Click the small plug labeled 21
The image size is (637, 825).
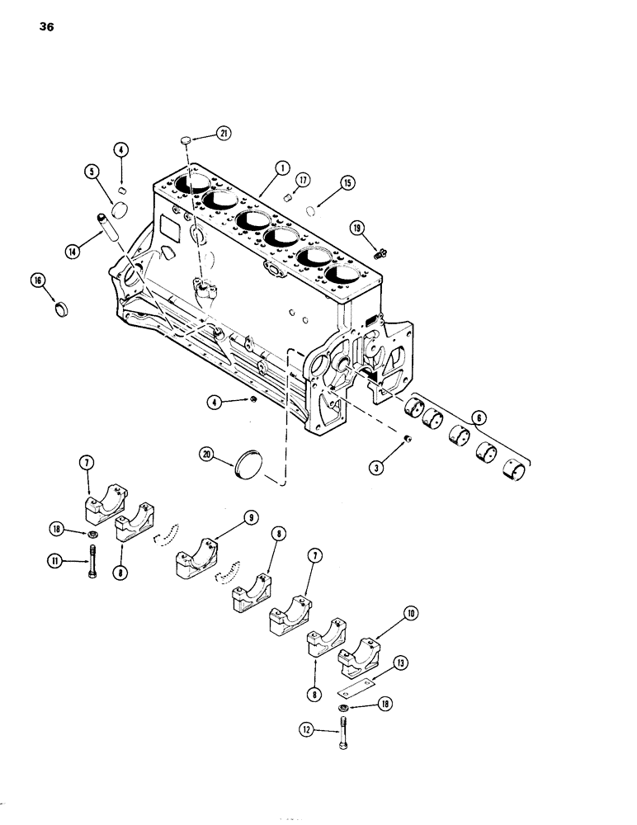[187, 141]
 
